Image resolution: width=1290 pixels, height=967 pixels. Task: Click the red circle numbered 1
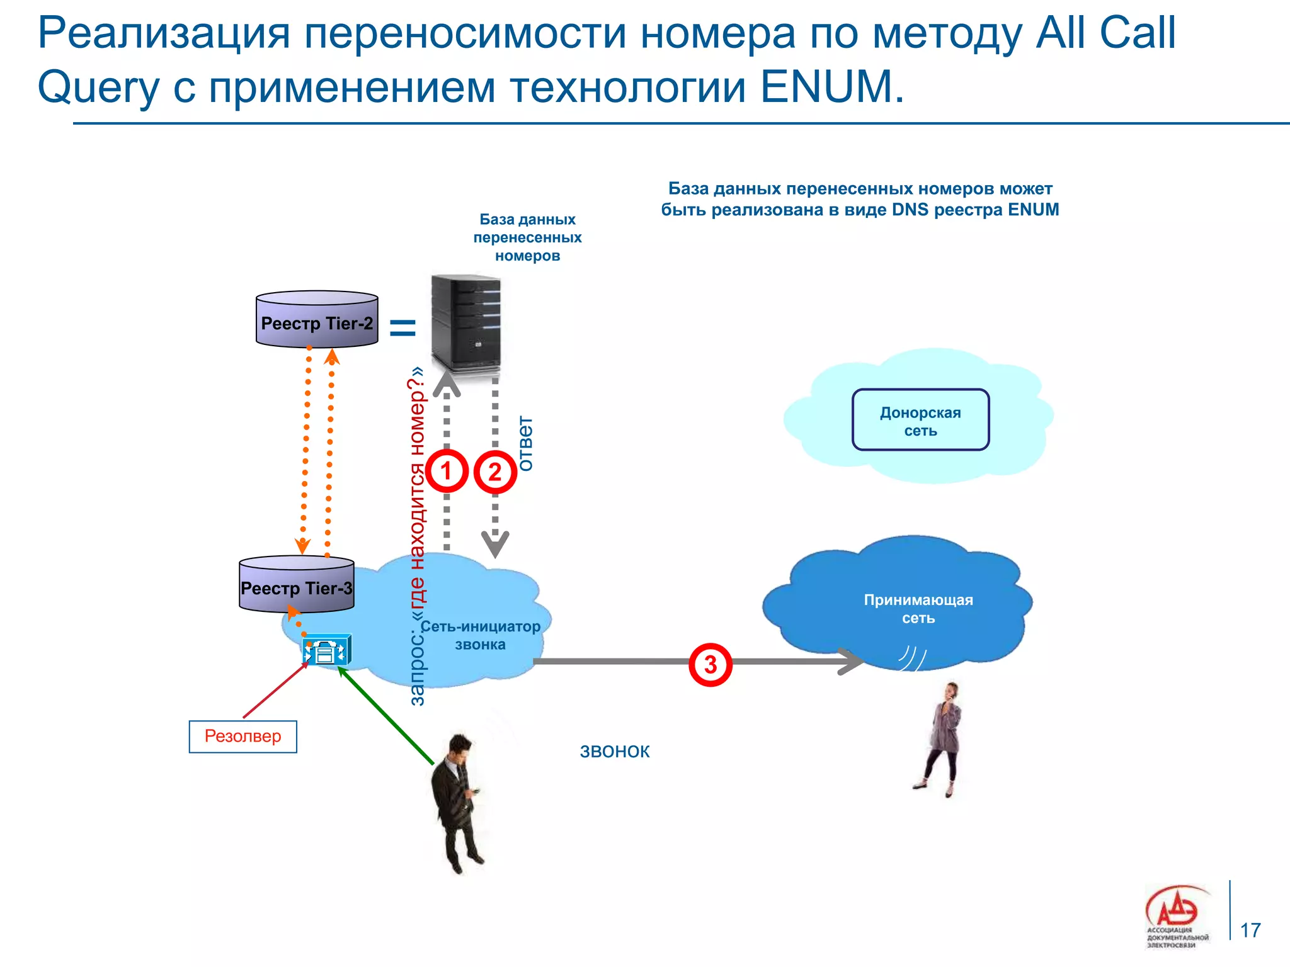pyautogui.click(x=447, y=471)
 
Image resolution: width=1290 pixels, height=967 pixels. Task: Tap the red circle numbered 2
pyautogui.click(x=495, y=472)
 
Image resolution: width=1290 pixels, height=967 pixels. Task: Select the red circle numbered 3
pyautogui.click(x=710, y=664)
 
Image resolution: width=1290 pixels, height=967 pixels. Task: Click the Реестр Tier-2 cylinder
pyautogui.click(x=317, y=320)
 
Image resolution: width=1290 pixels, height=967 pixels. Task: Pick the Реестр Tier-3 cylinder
pyautogui.click(x=297, y=585)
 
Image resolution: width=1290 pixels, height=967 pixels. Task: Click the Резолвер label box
pyautogui.click(x=243, y=736)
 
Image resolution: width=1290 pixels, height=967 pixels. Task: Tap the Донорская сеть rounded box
pyautogui.click(x=920, y=420)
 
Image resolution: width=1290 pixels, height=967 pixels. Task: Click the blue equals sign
pyautogui.click(x=403, y=327)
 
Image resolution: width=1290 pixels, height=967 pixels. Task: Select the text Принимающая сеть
pyautogui.click(x=918, y=609)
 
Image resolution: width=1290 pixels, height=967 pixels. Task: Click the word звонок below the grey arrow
pyautogui.click(x=614, y=751)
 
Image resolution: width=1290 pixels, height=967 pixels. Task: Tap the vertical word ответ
pyautogui.click(x=525, y=443)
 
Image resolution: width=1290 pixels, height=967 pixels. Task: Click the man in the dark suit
pyautogui.click(x=459, y=803)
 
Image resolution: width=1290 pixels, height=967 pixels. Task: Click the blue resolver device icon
pyautogui.click(x=326, y=650)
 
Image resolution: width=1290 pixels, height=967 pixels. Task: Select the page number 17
pyautogui.click(x=1250, y=930)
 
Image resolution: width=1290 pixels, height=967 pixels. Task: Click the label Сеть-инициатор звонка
pyautogui.click(x=480, y=635)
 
